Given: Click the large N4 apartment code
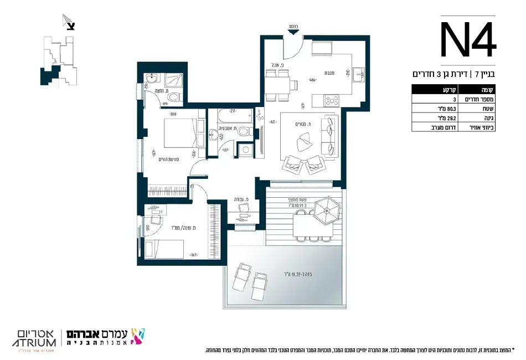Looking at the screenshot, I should click(468, 40).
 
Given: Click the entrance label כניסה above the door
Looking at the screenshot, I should click(293, 27).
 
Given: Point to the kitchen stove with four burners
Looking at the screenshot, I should click(332, 101).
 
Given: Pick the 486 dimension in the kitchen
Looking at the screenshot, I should click(313, 79).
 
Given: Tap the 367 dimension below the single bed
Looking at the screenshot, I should click(194, 255).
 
